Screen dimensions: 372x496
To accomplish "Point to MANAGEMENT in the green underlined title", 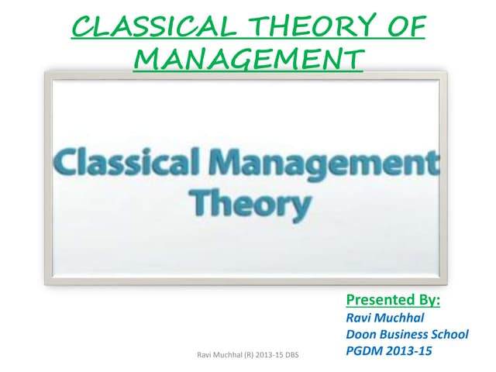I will pyautogui.click(x=246, y=58).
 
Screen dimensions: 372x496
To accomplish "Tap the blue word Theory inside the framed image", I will pyautogui.click(x=249, y=203).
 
